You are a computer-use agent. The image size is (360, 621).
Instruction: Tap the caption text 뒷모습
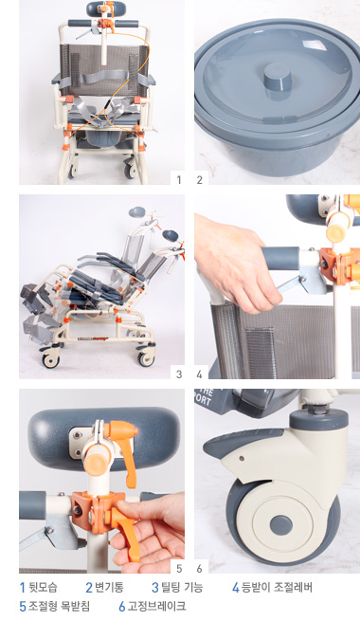click(44, 587)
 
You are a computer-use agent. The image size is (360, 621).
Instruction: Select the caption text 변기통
click(109, 587)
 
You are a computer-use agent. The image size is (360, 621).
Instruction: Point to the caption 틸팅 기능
click(182, 587)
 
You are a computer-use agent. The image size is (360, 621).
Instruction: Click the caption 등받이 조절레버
click(277, 587)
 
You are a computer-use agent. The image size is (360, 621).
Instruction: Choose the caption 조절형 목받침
click(59, 606)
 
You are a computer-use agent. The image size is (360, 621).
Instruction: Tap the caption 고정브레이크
click(156, 606)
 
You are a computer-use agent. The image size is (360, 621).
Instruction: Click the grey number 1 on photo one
click(179, 180)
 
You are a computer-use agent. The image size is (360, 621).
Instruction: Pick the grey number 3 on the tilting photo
click(179, 374)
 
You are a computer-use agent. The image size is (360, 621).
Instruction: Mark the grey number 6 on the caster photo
click(199, 569)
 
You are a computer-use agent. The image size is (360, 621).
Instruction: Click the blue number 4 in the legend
click(236, 587)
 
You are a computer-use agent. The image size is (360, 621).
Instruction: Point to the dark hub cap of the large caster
click(281, 525)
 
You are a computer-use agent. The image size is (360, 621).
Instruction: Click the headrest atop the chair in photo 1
click(99, 9)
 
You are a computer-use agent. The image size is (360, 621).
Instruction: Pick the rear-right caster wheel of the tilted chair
click(146, 358)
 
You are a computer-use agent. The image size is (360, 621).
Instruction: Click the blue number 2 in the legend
click(89, 587)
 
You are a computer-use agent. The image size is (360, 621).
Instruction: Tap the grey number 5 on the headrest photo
click(179, 569)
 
